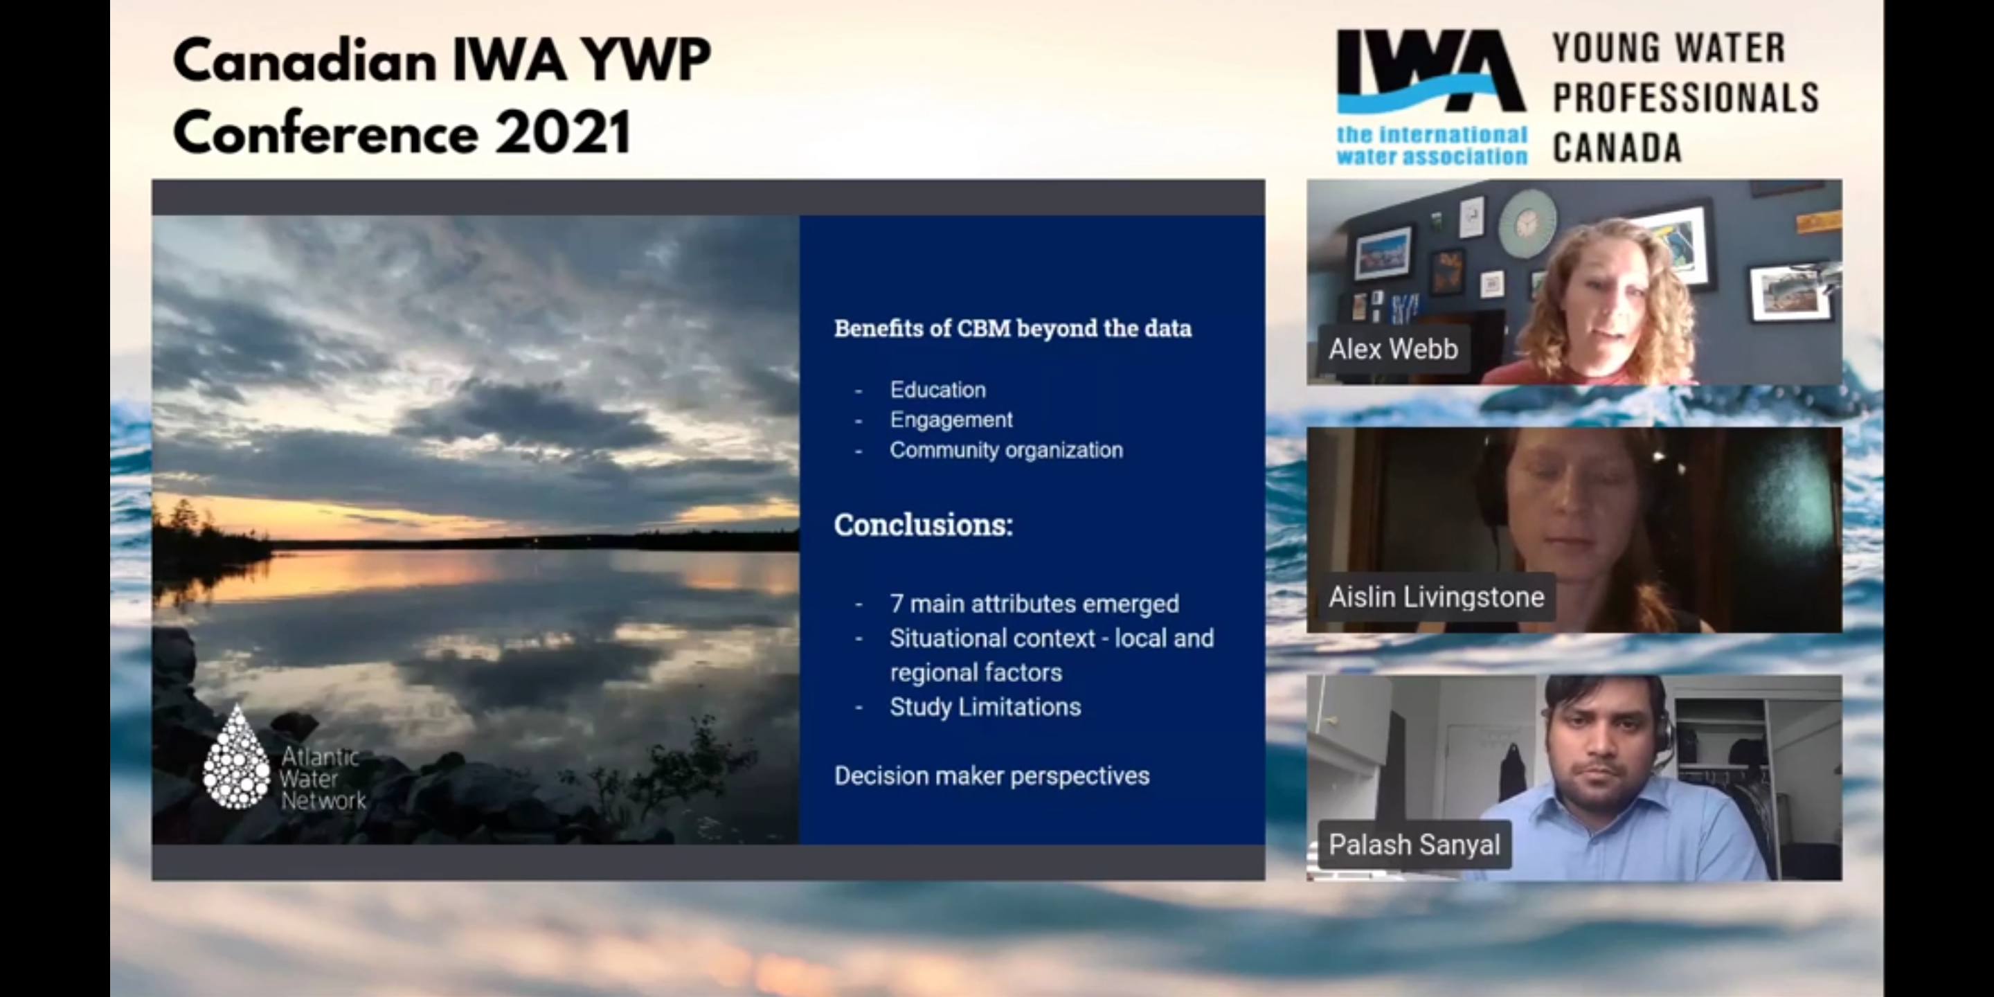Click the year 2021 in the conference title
tap(563, 132)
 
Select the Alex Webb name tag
tap(1393, 349)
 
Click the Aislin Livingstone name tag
tap(1437, 597)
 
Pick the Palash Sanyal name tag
tap(1414, 845)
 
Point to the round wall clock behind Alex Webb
tap(1526, 224)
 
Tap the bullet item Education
tap(937, 389)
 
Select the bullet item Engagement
tap(951, 420)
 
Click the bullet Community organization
tap(1005, 450)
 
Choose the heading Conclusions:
tap(923, 525)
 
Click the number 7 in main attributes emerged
tap(897, 603)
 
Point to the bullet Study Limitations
tap(985, 707)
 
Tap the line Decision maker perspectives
tap(991, 775)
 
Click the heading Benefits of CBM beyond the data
tap(1012, 328)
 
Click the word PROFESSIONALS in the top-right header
tap(1685, 98)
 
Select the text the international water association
tap(1431, 145)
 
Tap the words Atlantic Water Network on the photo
tap(323, 778)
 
